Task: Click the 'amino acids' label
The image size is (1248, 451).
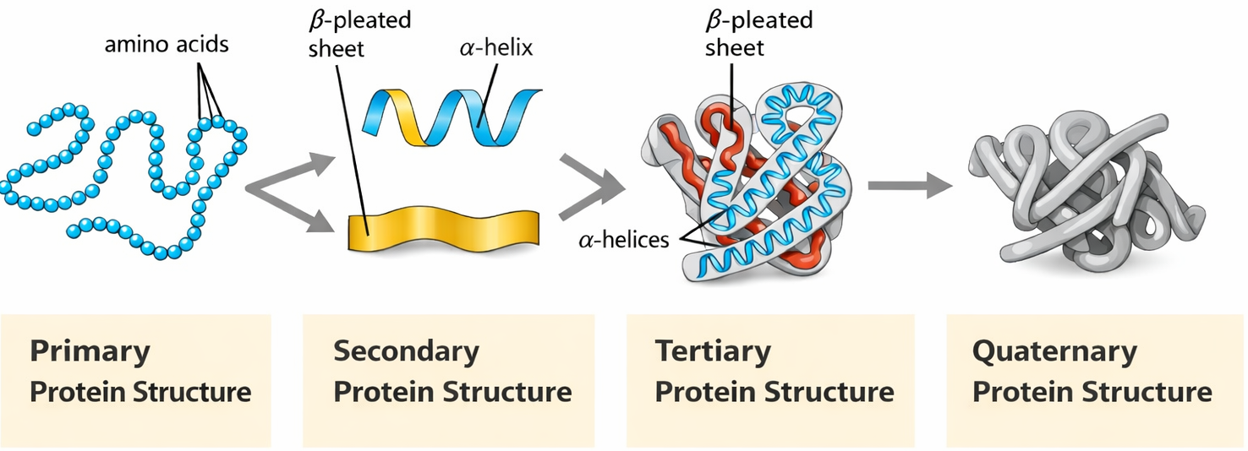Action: coord(166,45)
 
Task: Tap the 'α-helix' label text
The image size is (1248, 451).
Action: coord(495,46)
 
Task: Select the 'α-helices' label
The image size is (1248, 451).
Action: coord(624,240)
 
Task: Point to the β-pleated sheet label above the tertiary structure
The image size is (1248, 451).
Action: coord(758,33)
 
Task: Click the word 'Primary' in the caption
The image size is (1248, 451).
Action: coord(90,351)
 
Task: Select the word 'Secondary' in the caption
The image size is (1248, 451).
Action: coord(406,351)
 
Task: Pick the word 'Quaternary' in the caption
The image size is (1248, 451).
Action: coord(1054,351)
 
